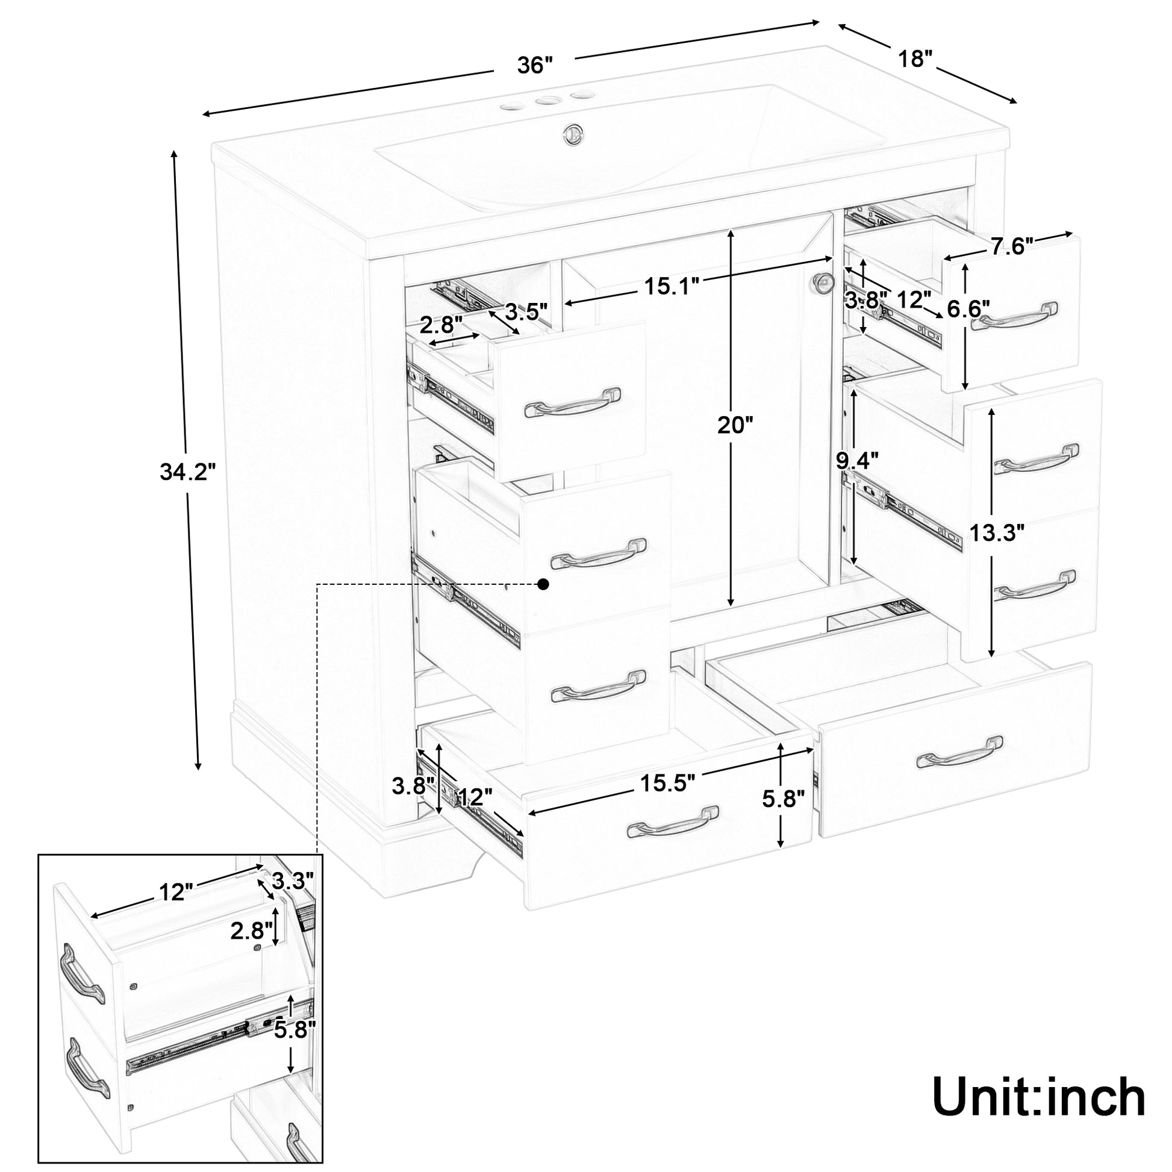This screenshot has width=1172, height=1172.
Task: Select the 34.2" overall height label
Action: [187, 471]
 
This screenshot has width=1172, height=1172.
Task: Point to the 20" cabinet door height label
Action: [735, 425]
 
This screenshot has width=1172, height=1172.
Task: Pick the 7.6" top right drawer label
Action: [1012, 246]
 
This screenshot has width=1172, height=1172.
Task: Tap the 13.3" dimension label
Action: [997, 533]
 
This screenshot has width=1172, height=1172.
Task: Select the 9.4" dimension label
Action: [857, 462]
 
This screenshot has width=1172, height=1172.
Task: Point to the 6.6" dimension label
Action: [969, 309]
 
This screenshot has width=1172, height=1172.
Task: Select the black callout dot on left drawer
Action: [543, 584]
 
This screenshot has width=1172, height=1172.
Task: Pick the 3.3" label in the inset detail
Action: [292, 880]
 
